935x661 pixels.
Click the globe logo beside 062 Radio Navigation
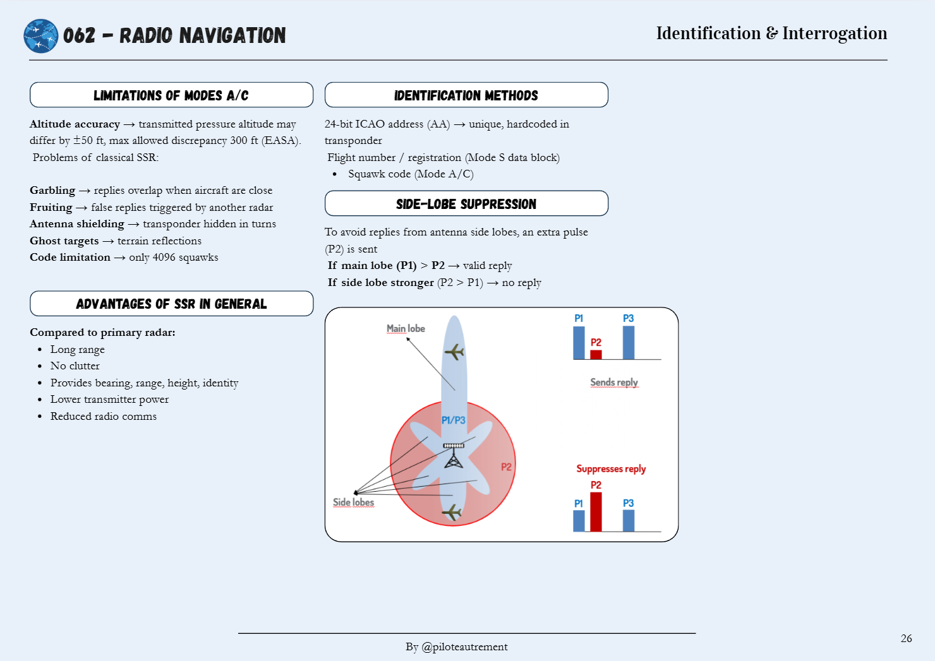pos(40,36)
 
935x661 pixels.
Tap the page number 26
pos(906,638)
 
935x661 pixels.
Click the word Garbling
pos(52,191)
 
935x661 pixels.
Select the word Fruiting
pos(51,207)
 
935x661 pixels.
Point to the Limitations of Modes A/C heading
pos(171,95)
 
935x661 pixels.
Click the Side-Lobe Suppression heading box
pos(466,204)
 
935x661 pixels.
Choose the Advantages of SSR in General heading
pos(171,304)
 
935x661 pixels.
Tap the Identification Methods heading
pos(466,95)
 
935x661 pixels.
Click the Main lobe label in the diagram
pos(406,328)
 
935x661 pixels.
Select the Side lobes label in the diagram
pos(353,502)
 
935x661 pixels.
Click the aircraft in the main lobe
pos(454,351)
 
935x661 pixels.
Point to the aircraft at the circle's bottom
pos(452,511)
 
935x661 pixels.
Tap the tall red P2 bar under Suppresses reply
pos(596,511)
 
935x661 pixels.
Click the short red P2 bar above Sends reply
pos(596,354)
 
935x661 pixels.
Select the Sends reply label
pos(614,382)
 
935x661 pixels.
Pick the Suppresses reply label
pos(611,468)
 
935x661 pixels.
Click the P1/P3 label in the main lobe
pos(453,420)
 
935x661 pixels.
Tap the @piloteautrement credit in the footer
pos(464,646)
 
